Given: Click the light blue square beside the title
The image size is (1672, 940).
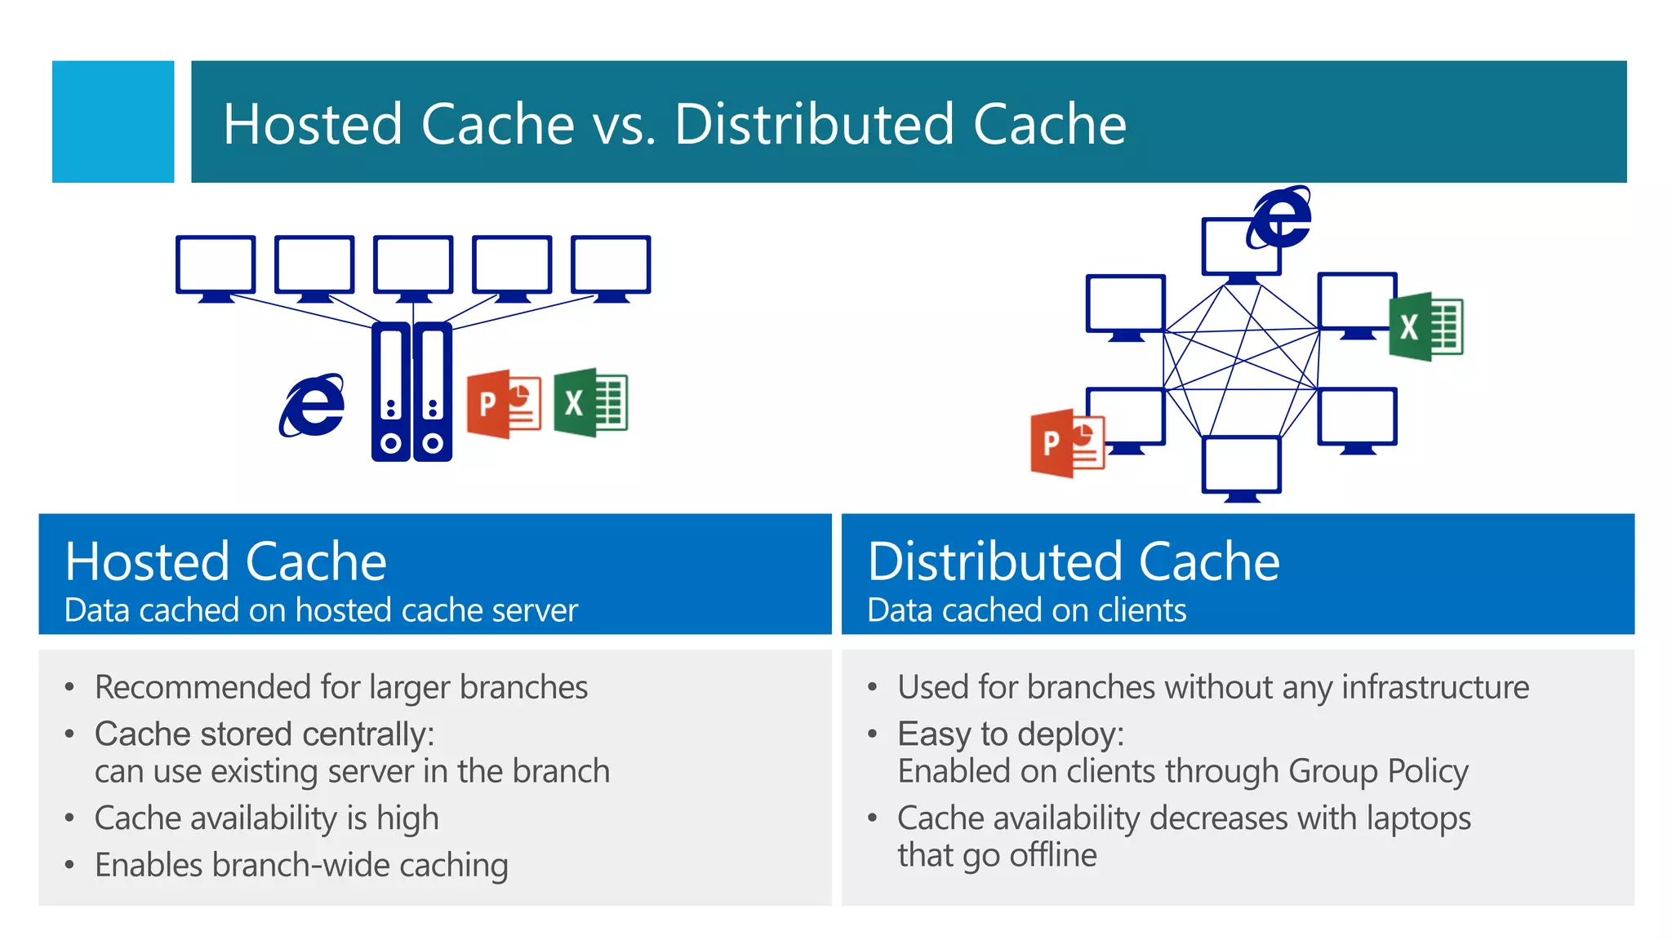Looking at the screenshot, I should coord(113,122).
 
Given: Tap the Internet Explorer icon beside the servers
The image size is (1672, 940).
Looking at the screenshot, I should coord(312,406).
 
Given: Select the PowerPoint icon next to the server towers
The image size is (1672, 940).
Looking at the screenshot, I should coord(504,405).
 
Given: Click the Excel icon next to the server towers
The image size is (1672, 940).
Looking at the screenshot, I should coord(590,403).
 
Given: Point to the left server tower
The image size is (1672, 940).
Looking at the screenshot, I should coord(391,392).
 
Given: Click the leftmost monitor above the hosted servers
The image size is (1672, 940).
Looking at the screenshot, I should coord(216,266).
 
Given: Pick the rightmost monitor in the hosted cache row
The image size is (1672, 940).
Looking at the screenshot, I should coord(611,266).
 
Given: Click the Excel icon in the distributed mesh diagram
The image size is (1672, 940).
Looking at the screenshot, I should coord(1426,326).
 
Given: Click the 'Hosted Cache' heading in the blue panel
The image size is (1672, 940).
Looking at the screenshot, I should coord(225,561).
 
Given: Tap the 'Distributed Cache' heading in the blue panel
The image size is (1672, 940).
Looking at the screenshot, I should coord(1073,561).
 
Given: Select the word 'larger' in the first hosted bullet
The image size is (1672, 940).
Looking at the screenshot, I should coord(410,688).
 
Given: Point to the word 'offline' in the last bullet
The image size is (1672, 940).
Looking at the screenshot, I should coord(1052,855).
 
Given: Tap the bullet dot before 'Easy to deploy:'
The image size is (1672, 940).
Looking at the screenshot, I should coord(873,734).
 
